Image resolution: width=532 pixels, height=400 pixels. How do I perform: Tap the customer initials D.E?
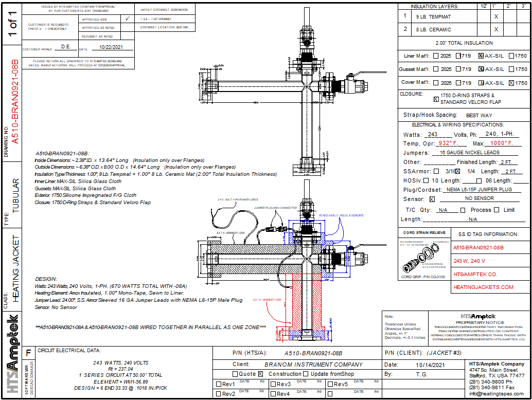tap(66, 47)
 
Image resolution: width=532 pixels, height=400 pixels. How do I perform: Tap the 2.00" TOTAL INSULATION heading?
tap(464, 43)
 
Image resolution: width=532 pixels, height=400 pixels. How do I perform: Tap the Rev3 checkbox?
tap(273, 384)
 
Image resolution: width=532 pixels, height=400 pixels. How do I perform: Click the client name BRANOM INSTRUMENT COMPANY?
tap(313, 365)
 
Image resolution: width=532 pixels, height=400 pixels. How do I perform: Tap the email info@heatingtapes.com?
tap(496, 394)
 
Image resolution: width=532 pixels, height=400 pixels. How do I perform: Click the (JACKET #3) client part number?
tap(444, 353)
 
